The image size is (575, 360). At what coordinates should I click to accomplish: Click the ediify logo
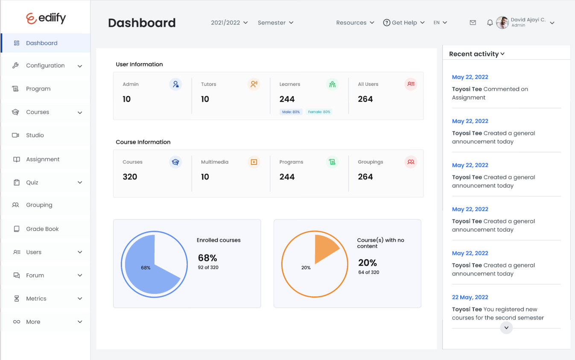coord(46,18)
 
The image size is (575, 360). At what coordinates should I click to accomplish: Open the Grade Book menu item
coord(42,229)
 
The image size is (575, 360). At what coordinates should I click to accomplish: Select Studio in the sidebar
coord(35,135)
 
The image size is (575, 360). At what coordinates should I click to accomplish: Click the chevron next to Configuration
coord(80,66)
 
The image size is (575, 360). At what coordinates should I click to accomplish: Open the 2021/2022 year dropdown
coord(229,23)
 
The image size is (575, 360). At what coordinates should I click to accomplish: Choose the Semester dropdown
coord(275,23)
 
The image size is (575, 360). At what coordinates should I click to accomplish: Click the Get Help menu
coord(404,23)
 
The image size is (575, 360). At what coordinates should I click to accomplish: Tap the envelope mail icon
coord(473,23)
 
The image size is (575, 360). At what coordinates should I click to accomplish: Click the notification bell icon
coord(490,23)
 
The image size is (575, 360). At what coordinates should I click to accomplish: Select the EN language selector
coord(440,23)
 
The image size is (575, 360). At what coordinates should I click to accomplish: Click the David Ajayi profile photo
coord(502,23)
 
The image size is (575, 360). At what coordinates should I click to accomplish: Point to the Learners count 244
coord(287,99)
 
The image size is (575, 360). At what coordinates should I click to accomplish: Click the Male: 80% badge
coord(291,112)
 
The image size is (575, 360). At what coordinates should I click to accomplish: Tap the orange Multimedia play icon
coord(254,162)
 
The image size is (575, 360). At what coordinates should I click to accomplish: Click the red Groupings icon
coord(411,162)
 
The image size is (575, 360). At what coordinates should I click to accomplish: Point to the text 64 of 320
coord(369,272)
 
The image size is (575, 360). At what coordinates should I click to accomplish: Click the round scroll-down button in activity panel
coord(506,328)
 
